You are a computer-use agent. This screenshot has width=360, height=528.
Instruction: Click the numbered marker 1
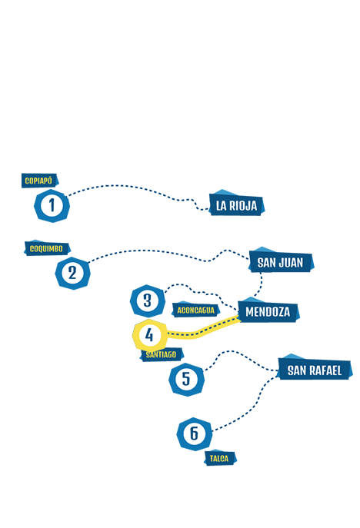pyautogui.click(x=52, y=205)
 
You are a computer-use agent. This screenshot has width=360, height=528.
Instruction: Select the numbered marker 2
pyautogui.click(x=72, y=273)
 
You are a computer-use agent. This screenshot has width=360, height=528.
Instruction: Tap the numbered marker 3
pyautogui.click(x=148, y=301)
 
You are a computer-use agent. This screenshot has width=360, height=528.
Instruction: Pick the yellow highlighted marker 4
pyautogui.click(x=149, y=335)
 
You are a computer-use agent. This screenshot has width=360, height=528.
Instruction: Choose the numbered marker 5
pyautogui.click(x=186, y=380)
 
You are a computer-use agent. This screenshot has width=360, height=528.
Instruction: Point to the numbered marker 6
pyautogui.click(x=195, y=433)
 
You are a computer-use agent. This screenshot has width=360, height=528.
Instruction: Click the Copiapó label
pyautogui.click(x=39, y=181)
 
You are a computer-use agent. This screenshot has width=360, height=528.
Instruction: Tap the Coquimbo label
pyautogui.click(x=47, y=248)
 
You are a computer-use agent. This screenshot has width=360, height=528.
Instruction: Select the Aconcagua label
pyautogui.click(x=195, y=310)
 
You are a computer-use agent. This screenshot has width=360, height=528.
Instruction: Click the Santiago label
pyautogui.click(x=162, y=354)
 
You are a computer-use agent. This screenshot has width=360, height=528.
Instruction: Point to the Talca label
pyautogui.click(x=220, y=458)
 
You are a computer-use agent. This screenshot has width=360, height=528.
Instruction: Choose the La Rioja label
pyautogui.click(x=237, y=204)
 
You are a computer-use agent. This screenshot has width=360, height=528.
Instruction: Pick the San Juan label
pyautogui.click(x=281, y=261)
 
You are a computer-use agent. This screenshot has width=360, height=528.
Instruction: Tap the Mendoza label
pyautogui.click(x=268, y=311)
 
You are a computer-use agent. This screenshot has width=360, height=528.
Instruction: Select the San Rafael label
pyautogui.click(x=315, y=370)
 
